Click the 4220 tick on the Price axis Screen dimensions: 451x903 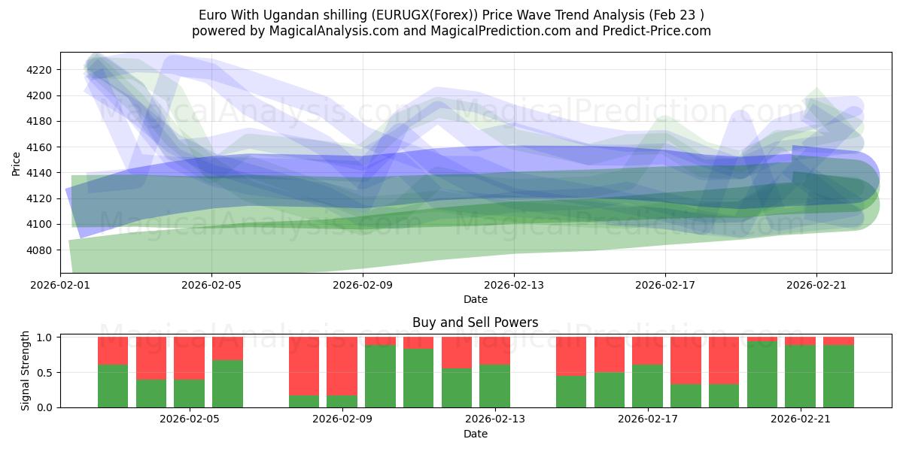[x=40, y=70]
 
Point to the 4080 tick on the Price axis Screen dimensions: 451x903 [x=40, y=250]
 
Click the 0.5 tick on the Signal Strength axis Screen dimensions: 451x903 [x=44, y=373]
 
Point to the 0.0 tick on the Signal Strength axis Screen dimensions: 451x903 [x=44, y=407]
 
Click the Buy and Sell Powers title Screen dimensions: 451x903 [x=475, y=322]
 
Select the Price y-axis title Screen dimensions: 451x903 [x=17, y=162]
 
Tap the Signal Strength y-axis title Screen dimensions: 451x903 [x=25, y=371]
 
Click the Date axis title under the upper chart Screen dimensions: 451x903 [x=475, y=299]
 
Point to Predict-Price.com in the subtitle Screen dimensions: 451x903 [x=652, y=31]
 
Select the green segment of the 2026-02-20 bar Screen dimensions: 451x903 [x=762, y=374]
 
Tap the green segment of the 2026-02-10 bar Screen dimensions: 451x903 [x=380, y=376]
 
